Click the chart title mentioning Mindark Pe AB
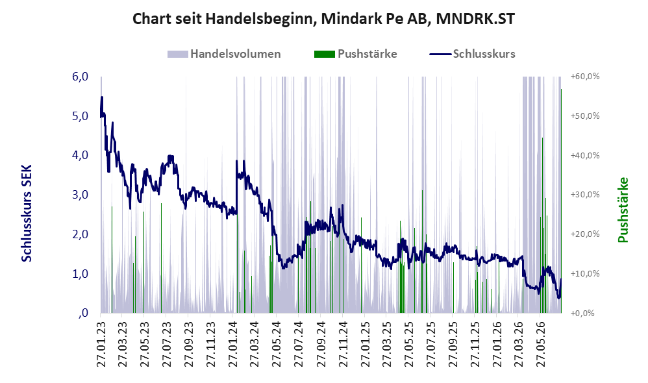point(323,19)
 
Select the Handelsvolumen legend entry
point(224,54)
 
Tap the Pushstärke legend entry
point(355,54)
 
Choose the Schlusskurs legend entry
point(472,54)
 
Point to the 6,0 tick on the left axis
point(80,77)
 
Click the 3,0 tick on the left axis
point(80,195)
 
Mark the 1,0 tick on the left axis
point(80,273)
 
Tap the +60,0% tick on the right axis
point(585,77)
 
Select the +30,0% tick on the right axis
point(585,195)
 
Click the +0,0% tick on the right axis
point(582,313)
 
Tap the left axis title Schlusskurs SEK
point(27,213)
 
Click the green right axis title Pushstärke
point(623,210)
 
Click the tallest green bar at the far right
point(561,201)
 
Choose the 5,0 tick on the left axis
point(80,116)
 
